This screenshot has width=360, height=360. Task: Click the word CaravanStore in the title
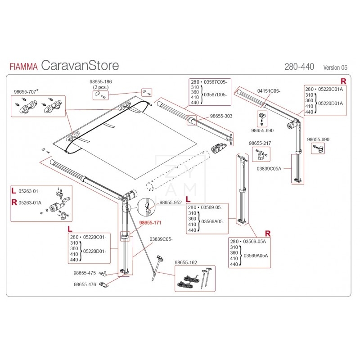pos(80,65)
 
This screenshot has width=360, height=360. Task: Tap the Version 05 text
pos(335,67)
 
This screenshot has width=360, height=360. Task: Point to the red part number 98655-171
pos(150,223)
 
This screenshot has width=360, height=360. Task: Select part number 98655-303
pos(221,116)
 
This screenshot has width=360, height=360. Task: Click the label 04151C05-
pos(269,91)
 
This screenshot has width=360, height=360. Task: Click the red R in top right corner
pos(343,81)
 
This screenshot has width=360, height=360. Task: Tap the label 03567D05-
pos(216,95)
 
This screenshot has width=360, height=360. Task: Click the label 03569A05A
pos(255,255)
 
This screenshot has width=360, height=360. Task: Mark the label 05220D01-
pos(94,251)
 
